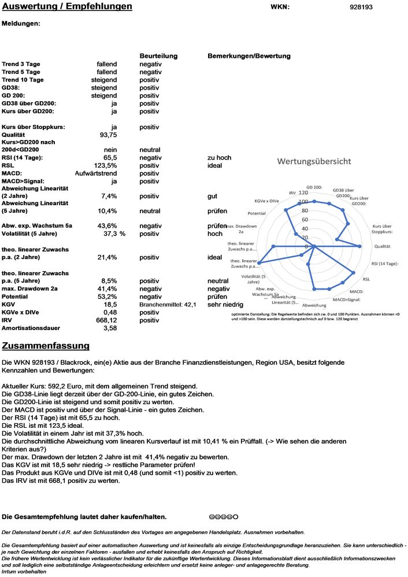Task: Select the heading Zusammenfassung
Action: (x=46, y=346)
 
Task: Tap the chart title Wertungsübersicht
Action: (x=314, y=161)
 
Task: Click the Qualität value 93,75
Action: (x=109, y=134)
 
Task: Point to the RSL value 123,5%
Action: (x=105, y=165)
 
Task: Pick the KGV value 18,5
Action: (x=110, y=304)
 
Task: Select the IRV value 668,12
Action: (x=106, y=320)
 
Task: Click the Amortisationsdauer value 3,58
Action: (x=110, y=328)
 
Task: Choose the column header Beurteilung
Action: (x=158, y=56)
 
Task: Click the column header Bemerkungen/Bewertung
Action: (x=248, y=56)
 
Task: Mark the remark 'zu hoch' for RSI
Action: (x=219, y=157)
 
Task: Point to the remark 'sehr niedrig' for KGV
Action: (x=225, y=304)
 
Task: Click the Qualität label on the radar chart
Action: (x=383, y=246)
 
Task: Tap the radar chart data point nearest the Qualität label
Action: (x=360, y=246)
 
